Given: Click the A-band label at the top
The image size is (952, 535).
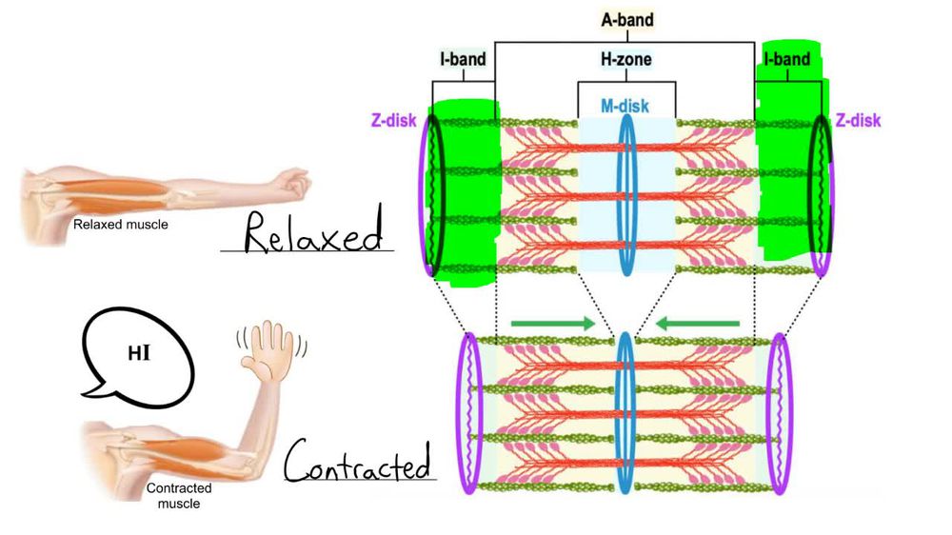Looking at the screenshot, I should click(x=626, y=19).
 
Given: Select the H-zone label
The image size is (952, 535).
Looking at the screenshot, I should click(x=625, y=60).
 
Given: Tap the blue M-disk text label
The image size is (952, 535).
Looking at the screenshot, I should click(x=625, y=106).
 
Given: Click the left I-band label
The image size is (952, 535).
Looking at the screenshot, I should click(x=463, y=60).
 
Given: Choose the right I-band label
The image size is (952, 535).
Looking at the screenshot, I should click(x=786, y=60).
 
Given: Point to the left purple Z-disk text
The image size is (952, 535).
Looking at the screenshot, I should click(x=390, y=121).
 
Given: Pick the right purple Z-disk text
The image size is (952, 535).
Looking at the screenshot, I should click(x=858, y=121).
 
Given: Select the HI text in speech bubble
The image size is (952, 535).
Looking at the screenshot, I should click(x=138, y=354).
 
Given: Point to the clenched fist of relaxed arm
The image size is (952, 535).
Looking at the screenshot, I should click(x=290, y=180).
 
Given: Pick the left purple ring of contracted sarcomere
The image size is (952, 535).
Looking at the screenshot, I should click(x=470, y=412).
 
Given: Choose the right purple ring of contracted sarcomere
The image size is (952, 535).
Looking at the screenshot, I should click(x=779, y=412).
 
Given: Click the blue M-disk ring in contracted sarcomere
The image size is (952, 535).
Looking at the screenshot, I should click(x=625, y=412).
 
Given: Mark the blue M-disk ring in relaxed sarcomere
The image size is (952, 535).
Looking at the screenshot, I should click(x=625, y=194).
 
